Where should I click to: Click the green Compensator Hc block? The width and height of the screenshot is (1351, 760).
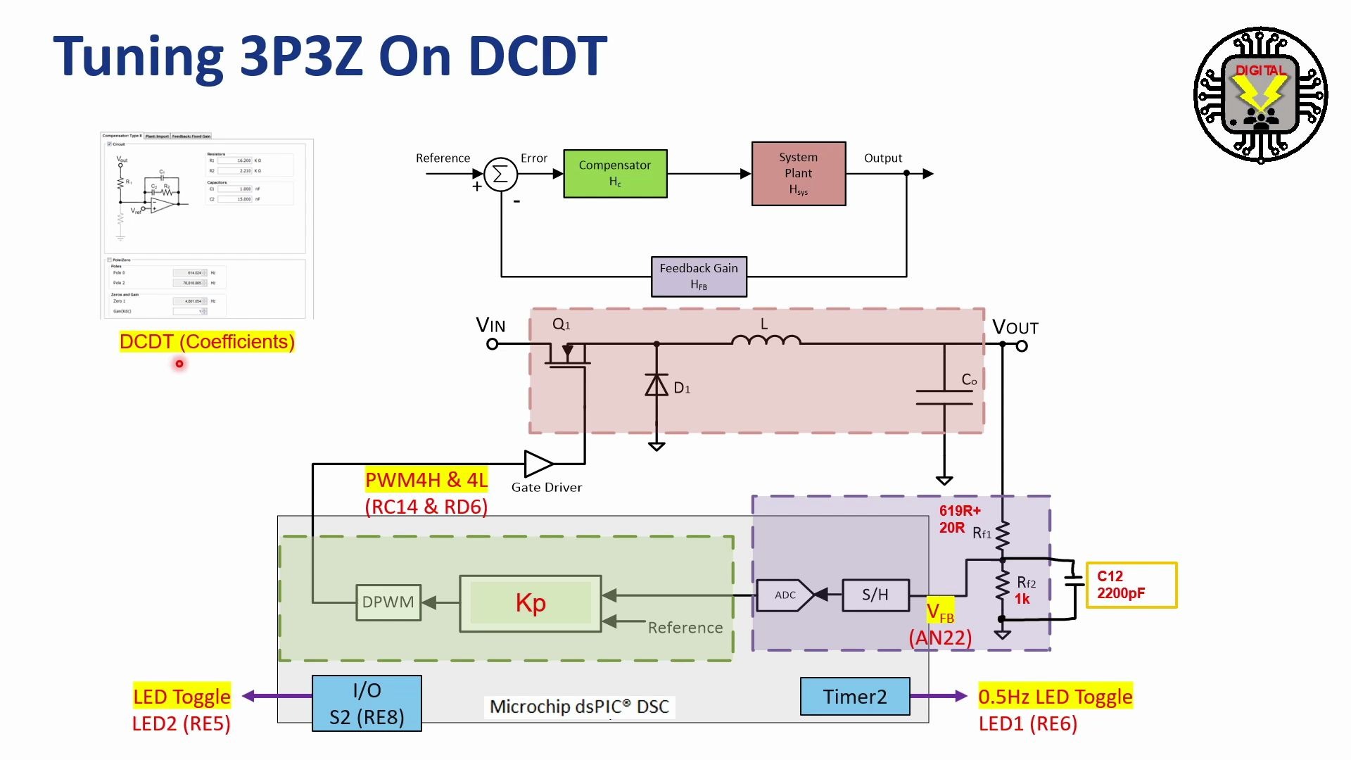[x=615, y=174]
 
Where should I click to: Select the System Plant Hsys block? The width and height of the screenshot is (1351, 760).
[x=799, y=174]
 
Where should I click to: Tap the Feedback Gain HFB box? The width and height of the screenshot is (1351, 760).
[x=699, y=277]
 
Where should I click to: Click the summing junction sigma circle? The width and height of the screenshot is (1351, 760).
[x=500, y=174]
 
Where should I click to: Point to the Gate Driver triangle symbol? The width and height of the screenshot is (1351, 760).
[x=538, y=463]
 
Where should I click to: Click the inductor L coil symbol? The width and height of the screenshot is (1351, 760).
[x=766, y=341]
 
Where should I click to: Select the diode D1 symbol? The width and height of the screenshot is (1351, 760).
[x=657, y=386]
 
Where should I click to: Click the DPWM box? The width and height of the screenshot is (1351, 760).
[x=388, y=602]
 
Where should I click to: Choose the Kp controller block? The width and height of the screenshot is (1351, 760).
[x=531, y=604]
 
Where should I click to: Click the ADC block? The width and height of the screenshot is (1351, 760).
[x=786, y=595]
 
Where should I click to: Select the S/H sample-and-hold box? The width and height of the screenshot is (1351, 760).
[x=875, y=595]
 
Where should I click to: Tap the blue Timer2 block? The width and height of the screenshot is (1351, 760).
[x=855, y=697]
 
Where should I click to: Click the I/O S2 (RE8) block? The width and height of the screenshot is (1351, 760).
[x=367, y=704]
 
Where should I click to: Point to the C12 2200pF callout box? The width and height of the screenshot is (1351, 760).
[x=1131, y=585]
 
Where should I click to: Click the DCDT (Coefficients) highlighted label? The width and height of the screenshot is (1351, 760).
[x=207, y=342]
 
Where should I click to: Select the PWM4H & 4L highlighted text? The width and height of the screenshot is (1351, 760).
[x=426, y=480]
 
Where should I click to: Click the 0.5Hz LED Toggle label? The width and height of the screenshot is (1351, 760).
[x=1055, y=697]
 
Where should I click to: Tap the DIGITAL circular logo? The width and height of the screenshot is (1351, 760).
[x=1261, y=95]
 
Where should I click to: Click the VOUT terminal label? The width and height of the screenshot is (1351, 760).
[x=1015, y=327]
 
